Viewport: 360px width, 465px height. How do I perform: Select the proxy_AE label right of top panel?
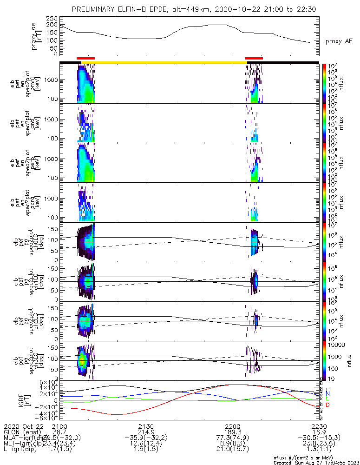click(339, 41)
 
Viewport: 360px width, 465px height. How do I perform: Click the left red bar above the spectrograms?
click(85, 59)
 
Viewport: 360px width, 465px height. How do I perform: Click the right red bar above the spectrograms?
click(254, 59)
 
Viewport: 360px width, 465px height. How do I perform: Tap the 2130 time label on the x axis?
click(146, 426)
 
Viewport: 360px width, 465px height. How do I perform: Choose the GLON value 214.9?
click(146, 432)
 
